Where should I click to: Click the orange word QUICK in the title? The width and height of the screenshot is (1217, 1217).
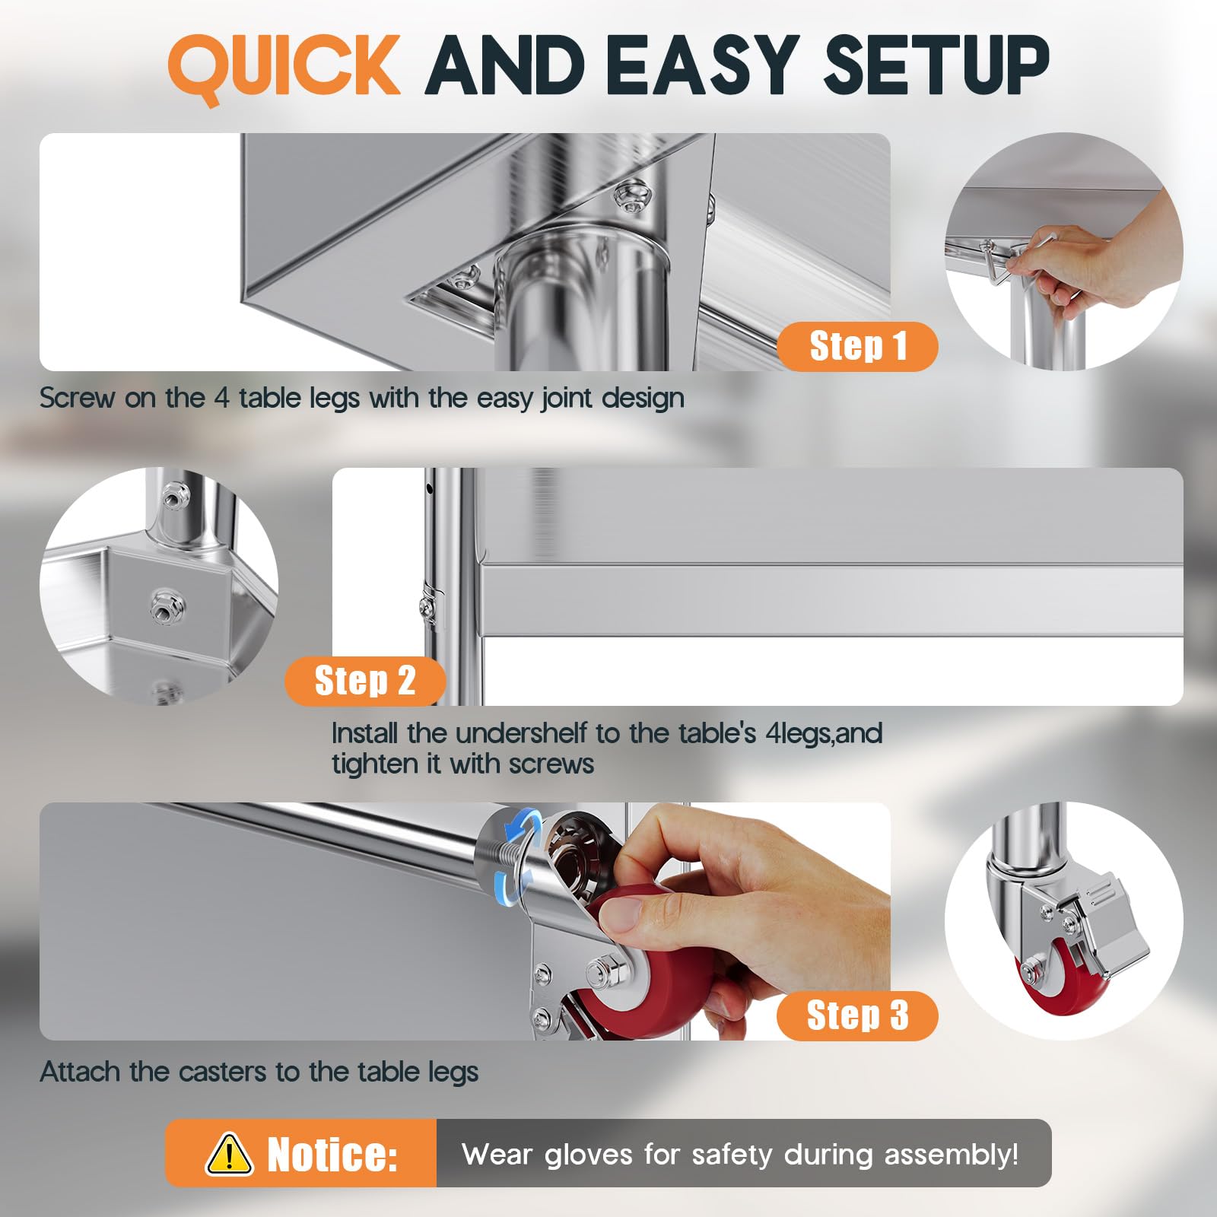[284, 67]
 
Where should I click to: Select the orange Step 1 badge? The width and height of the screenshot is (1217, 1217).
[857, 346]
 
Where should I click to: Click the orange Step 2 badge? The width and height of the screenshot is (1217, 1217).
[365, 681]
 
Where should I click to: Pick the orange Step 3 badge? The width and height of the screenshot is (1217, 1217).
[857, 1015]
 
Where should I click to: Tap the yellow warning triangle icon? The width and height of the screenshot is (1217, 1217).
[229, 1153]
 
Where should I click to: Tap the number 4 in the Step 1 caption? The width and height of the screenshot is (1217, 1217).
[221, 398]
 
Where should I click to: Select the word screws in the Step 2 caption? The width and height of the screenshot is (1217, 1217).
[551, 764]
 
